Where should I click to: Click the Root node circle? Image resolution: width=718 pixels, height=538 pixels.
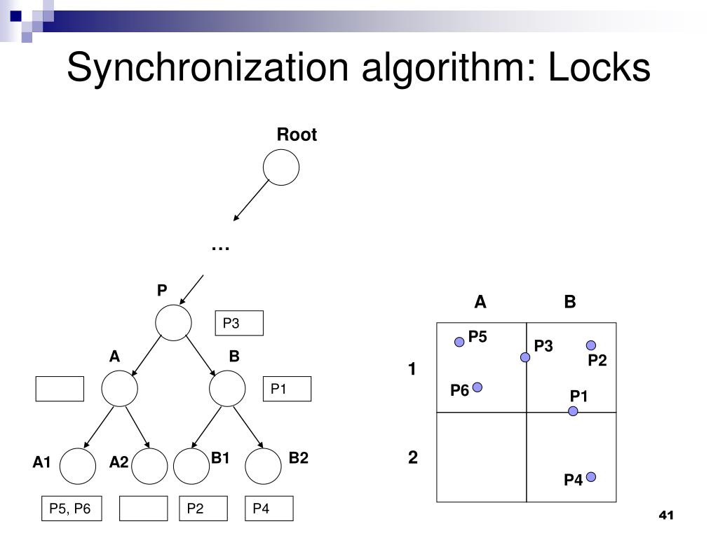point(280,167)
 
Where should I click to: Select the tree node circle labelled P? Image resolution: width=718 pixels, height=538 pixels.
point(173,323)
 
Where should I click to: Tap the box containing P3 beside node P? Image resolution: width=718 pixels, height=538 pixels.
point(239,324)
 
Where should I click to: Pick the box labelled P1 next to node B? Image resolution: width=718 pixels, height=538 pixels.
point(287,389)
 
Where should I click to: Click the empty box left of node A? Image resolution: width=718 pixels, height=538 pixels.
point(60,389)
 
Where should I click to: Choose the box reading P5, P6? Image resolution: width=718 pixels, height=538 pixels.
point(71,509)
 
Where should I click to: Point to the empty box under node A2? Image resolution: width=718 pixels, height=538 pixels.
point(143,509)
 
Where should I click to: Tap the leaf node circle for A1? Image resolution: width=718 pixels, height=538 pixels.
point(77,467)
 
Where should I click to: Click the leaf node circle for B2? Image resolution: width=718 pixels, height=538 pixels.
point(263,467)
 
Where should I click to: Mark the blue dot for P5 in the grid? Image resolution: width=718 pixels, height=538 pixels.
point(459,342)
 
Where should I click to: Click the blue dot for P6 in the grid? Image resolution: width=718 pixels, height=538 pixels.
point(477,387)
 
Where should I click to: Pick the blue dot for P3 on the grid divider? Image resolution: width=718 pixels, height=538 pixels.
point(525,357)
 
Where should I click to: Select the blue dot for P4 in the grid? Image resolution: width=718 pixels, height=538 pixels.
point(591,477)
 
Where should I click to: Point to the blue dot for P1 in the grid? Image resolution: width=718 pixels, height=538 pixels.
point(573,411)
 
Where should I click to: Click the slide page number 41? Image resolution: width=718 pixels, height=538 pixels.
point(665,516)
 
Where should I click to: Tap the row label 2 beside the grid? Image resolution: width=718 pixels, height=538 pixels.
point(413,458)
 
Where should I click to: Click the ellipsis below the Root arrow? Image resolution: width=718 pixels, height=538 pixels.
point(220,247)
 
